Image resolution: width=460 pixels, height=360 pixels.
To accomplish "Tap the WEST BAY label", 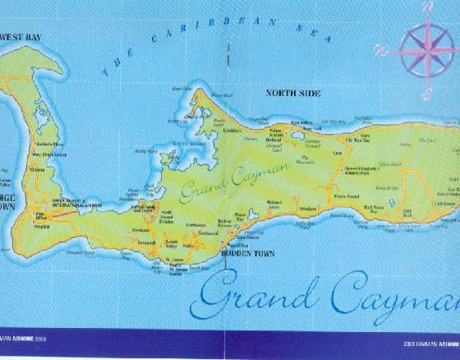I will click(21, 37).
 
